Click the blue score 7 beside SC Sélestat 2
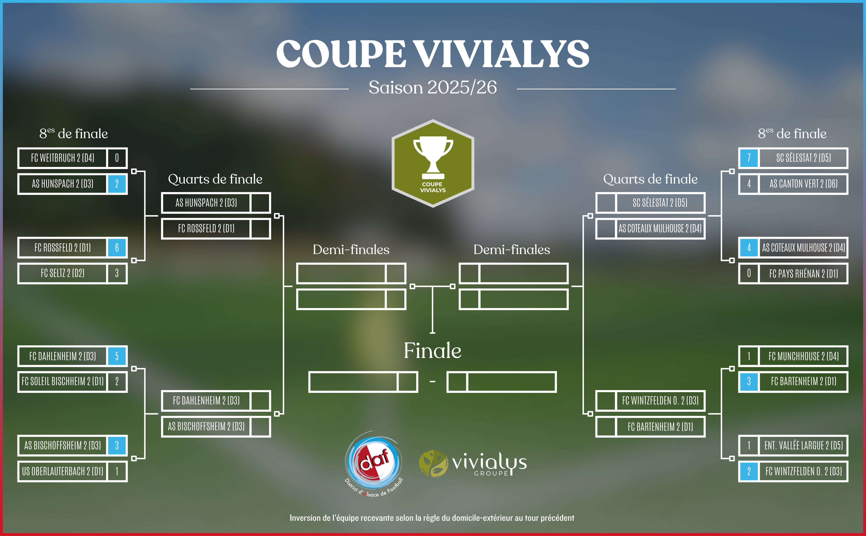pos(749,158)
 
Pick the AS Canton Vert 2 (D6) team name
pos(803,184)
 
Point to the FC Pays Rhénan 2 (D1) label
pos(803,273)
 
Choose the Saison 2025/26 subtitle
pos(433,87)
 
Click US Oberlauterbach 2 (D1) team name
pos(62,471)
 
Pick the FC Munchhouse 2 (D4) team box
pos(803,356)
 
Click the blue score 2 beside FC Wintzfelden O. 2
pos(749,471)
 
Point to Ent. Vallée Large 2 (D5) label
pos(803,445)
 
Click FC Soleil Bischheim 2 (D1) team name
pos(62,382)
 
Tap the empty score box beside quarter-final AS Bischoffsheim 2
pos(261,426)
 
